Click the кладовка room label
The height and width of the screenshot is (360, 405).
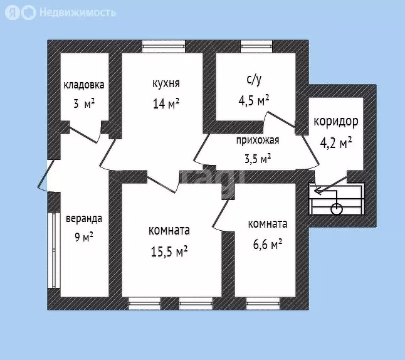(x=83, y=85)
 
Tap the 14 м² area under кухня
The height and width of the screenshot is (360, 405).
(x=166, y=103)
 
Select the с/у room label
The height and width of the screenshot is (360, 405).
(x=254, y=80)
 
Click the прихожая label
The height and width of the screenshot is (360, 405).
(x=257, y=140)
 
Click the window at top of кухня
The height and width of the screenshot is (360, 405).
(x=164, y=45)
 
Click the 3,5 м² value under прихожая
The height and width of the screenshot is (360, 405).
(x=257, y=157)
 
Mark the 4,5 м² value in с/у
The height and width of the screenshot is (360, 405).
(x=254, y=100)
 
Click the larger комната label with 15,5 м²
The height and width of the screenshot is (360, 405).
(x=169, y=231)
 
